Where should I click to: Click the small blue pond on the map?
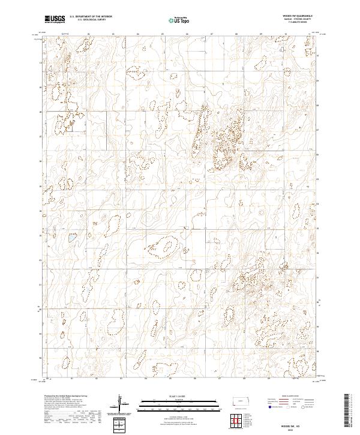point(71,238)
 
